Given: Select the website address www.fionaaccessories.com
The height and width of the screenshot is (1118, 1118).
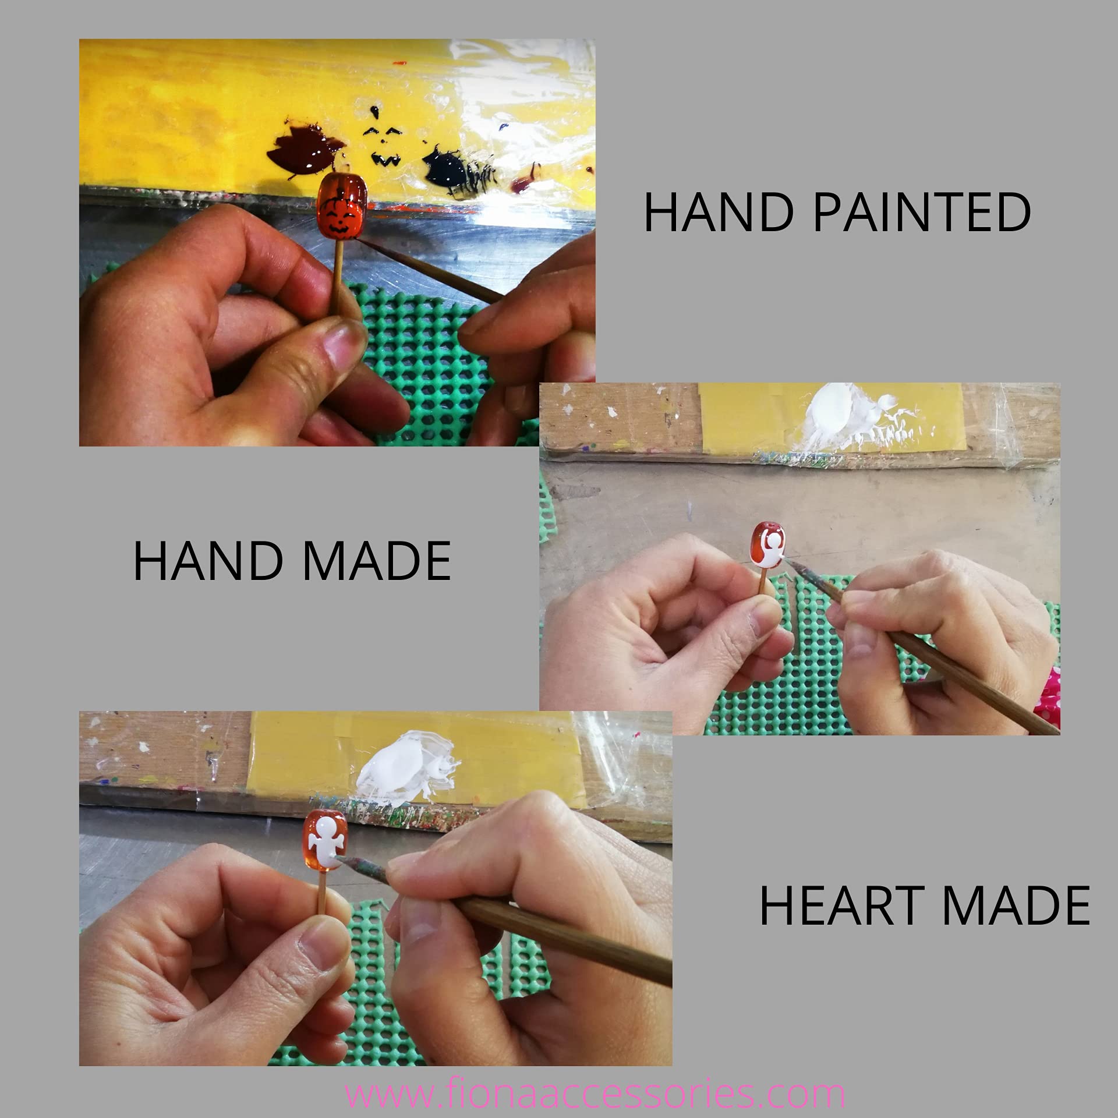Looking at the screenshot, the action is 594,1094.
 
